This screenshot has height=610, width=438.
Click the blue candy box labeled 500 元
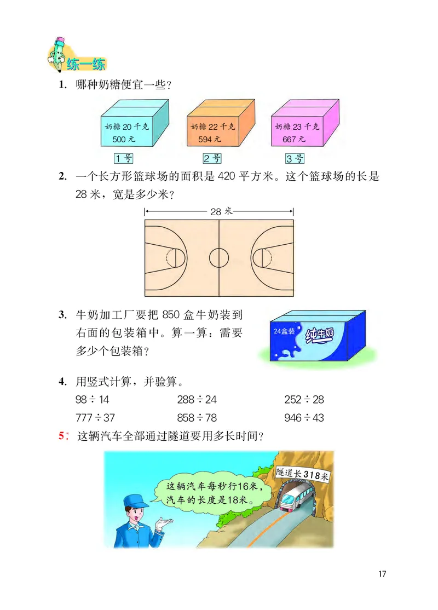[x=126, y=131]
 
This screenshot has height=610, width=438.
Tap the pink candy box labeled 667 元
[x=298, y=131]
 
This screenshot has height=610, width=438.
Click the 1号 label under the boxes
[x=124, y=159]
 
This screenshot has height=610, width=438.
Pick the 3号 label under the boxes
[x=295, y=159]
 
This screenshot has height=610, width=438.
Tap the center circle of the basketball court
[x=219, y=256]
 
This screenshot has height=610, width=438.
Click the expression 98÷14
[x=93, y=400]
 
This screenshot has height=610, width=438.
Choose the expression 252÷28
[x=304, y=400]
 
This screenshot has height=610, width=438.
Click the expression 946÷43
[x=304, y=418]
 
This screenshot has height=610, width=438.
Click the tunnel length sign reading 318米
[x=302, y=472]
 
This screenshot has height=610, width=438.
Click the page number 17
[x=382, y=574]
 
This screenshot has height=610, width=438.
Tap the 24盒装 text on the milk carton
[x=284, y=331]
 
